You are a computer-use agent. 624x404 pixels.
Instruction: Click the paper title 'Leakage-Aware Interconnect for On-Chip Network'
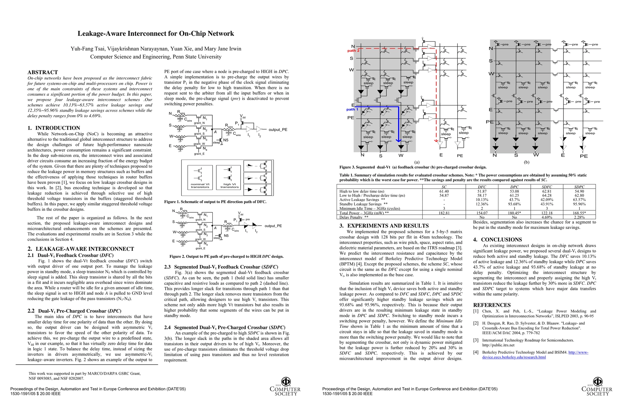point(156,34)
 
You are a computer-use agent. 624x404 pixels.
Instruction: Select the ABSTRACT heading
point(43,72)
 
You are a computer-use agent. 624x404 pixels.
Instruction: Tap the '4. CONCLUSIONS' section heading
point(497,240)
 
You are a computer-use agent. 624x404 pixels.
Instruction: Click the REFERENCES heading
point(492,305)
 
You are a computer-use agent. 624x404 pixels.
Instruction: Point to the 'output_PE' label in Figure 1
point(278,130)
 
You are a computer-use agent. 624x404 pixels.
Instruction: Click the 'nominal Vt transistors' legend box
point(200,178)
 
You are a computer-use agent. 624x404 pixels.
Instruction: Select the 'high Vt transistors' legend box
point(229,178)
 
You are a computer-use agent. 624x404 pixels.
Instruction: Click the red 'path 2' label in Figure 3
point(353,51)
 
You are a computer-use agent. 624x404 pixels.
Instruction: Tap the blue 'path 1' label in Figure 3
point(352,109)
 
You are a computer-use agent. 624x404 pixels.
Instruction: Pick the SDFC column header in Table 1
point(547,187)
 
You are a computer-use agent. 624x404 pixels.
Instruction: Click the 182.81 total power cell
point(444,213)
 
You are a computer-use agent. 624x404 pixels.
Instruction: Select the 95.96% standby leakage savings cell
point(579,204)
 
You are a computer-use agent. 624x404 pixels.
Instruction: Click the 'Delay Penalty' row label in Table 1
point(354,217)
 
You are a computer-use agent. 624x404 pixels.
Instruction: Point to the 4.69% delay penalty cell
point(547,217)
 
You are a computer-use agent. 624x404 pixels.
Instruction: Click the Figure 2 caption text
point(227,257)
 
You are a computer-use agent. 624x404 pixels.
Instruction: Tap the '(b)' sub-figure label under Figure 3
point(526,162)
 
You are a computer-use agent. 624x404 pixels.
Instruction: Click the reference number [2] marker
point(476,323)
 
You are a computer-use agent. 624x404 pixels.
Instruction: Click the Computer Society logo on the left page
point(285,386)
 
